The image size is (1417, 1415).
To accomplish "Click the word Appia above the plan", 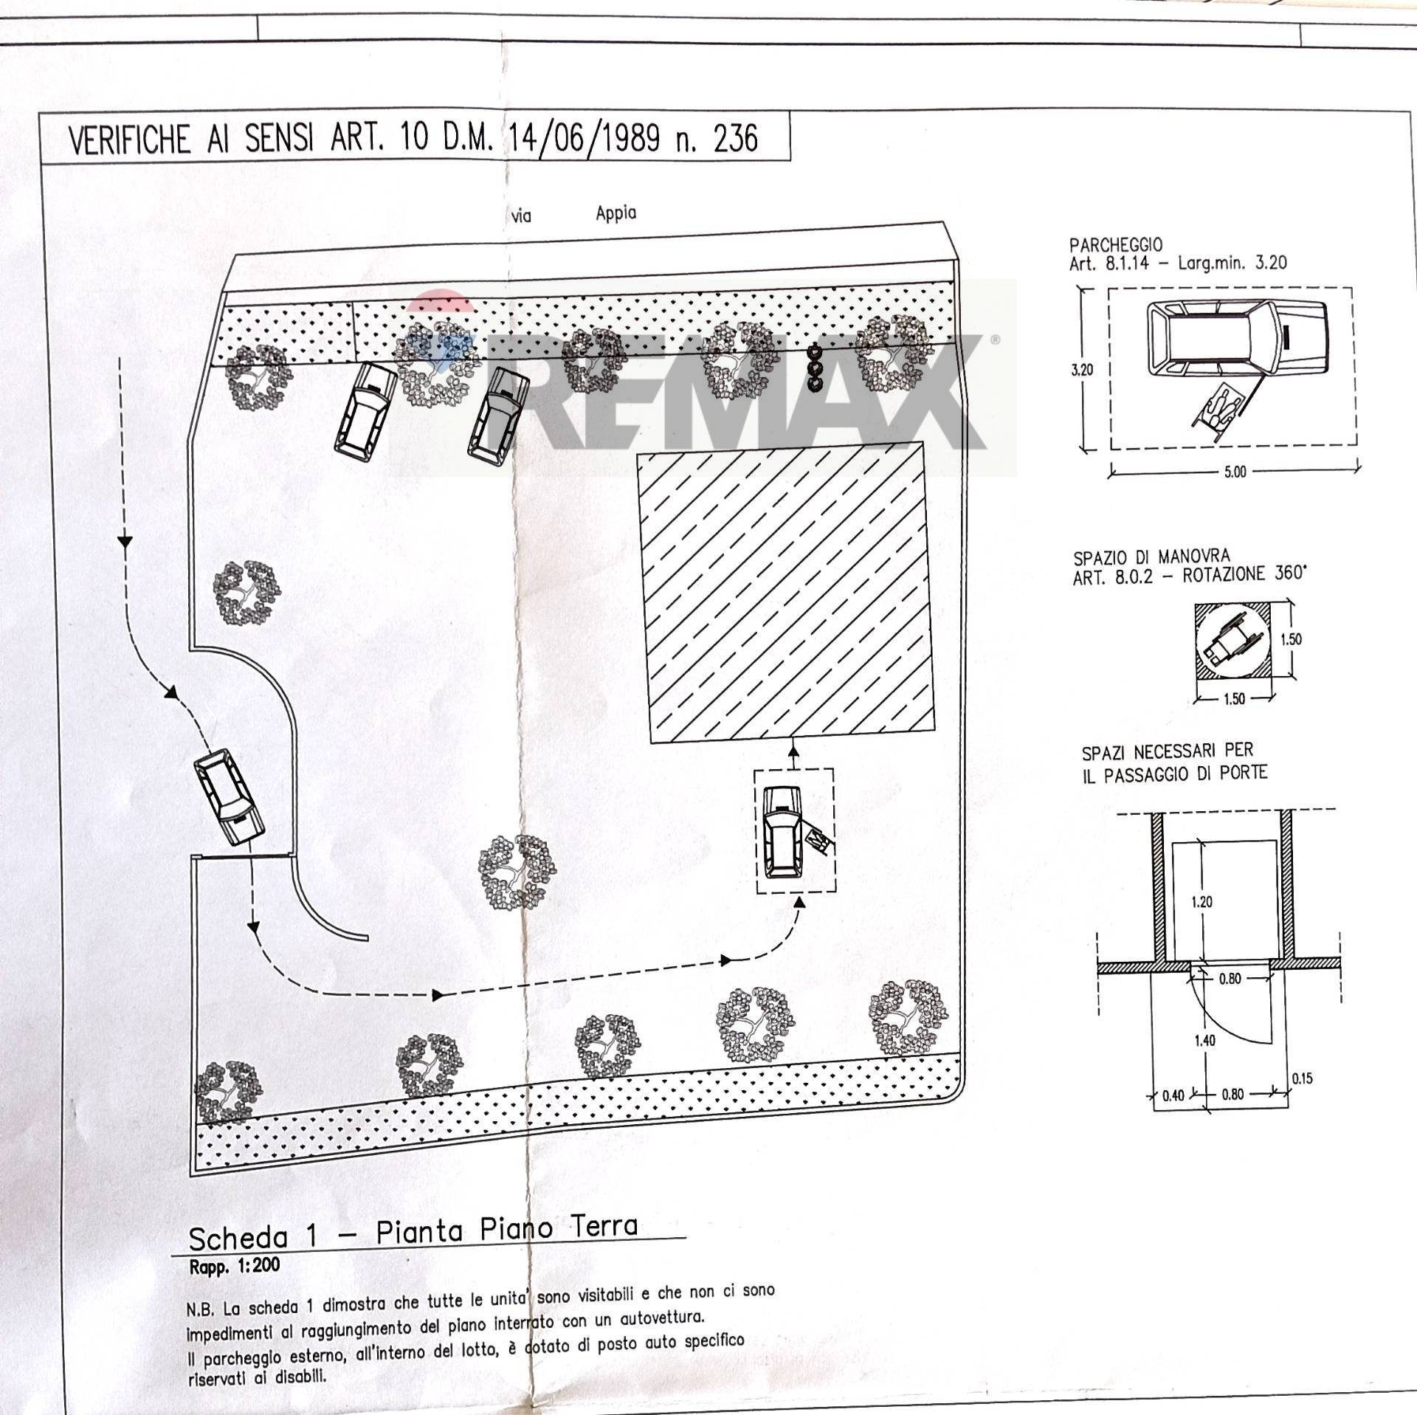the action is click(616, 214).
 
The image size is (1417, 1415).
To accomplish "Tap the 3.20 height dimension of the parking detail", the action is click(1082, 370).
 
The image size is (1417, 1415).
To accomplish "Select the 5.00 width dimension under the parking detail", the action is click(1235, 471).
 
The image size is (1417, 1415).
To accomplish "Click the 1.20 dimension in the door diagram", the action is click(1201, 901).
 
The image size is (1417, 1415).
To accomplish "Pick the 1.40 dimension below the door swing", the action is click(1204, 1041).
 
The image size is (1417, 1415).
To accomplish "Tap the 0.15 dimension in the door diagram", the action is click(1302, 1078).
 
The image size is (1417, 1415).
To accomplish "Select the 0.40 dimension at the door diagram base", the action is click(1173, 1116).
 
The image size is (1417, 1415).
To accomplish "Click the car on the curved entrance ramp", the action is click(228, 797).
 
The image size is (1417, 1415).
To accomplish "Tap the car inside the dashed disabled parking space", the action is click(782, 832).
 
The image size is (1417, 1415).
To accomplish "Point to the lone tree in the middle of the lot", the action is click(518, 872).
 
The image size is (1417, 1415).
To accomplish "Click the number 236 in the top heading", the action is click(736, 138).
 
